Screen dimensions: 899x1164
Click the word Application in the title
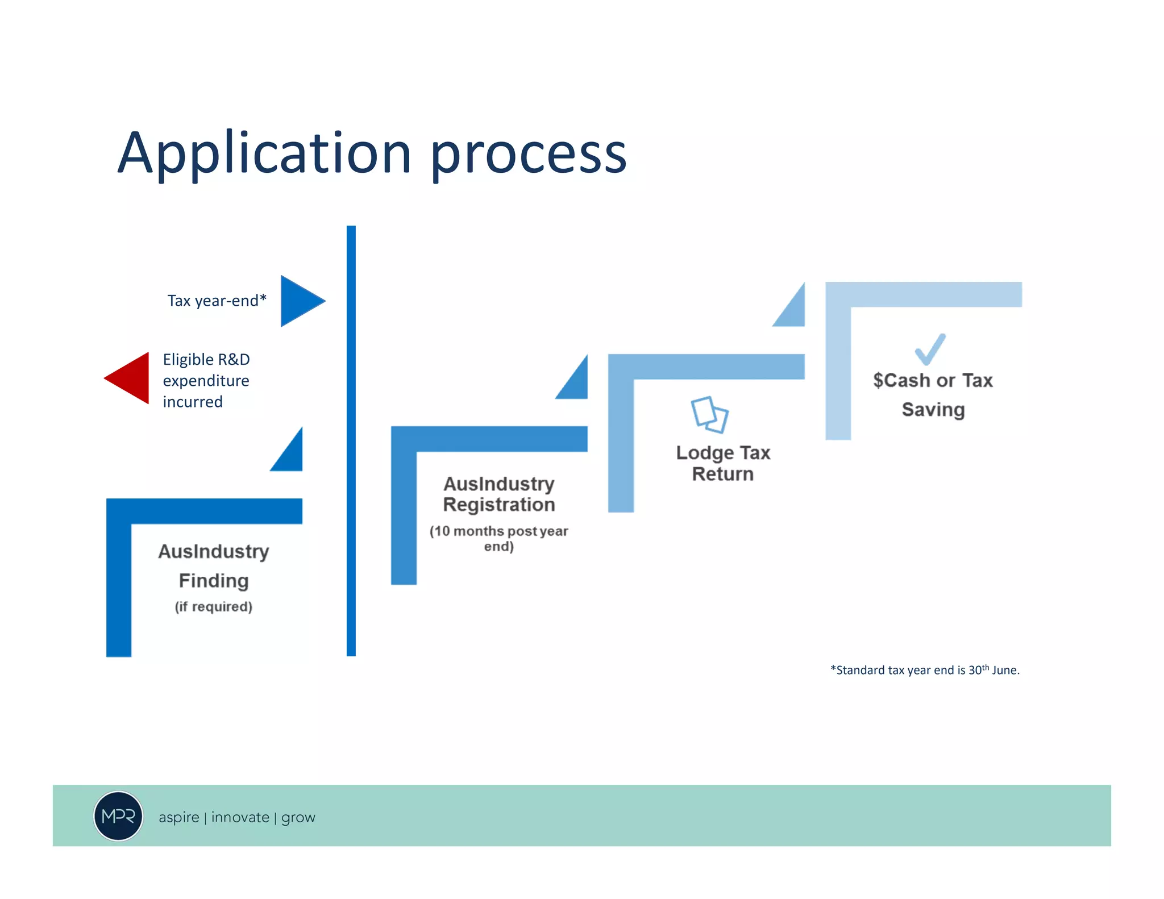(x=264, y=153)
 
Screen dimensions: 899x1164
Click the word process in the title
(x=528, y=155)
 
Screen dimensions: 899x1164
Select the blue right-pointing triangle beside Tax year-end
(x=300, y=301)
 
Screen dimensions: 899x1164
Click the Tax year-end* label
(x=217, y=301)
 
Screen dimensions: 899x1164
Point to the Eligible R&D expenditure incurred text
(x=206, y=380)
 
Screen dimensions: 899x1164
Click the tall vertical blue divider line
(x=351, y=440)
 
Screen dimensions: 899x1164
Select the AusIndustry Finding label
(x=214, y=566)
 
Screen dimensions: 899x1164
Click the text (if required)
(x=214, y=607)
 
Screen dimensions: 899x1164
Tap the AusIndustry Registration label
(x=499, y=494)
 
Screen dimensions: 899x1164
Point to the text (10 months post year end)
(x=499, y=538)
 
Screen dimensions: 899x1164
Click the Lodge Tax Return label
(x=723, y=463)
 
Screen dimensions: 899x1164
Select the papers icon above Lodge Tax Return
(x=709, y=415)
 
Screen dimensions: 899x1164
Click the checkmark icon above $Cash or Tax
(x=930, y=349)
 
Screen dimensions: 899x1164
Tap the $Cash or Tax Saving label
(x=933, y=394)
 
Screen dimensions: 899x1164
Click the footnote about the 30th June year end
(x=925, y=670)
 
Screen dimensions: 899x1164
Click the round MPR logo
(x=118, y=816)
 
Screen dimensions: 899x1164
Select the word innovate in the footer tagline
(x=240, y=817)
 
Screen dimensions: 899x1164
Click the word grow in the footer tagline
(x=298, y=818)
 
